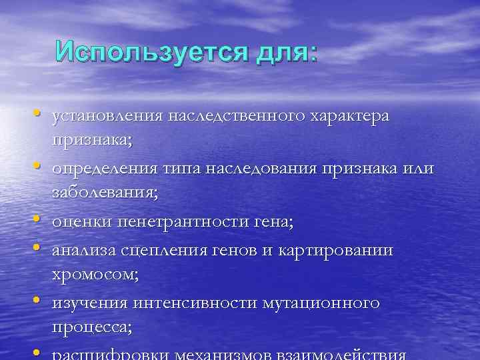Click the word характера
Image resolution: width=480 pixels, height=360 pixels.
click(351, 116)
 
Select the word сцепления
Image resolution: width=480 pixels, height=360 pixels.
click(161, 251)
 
